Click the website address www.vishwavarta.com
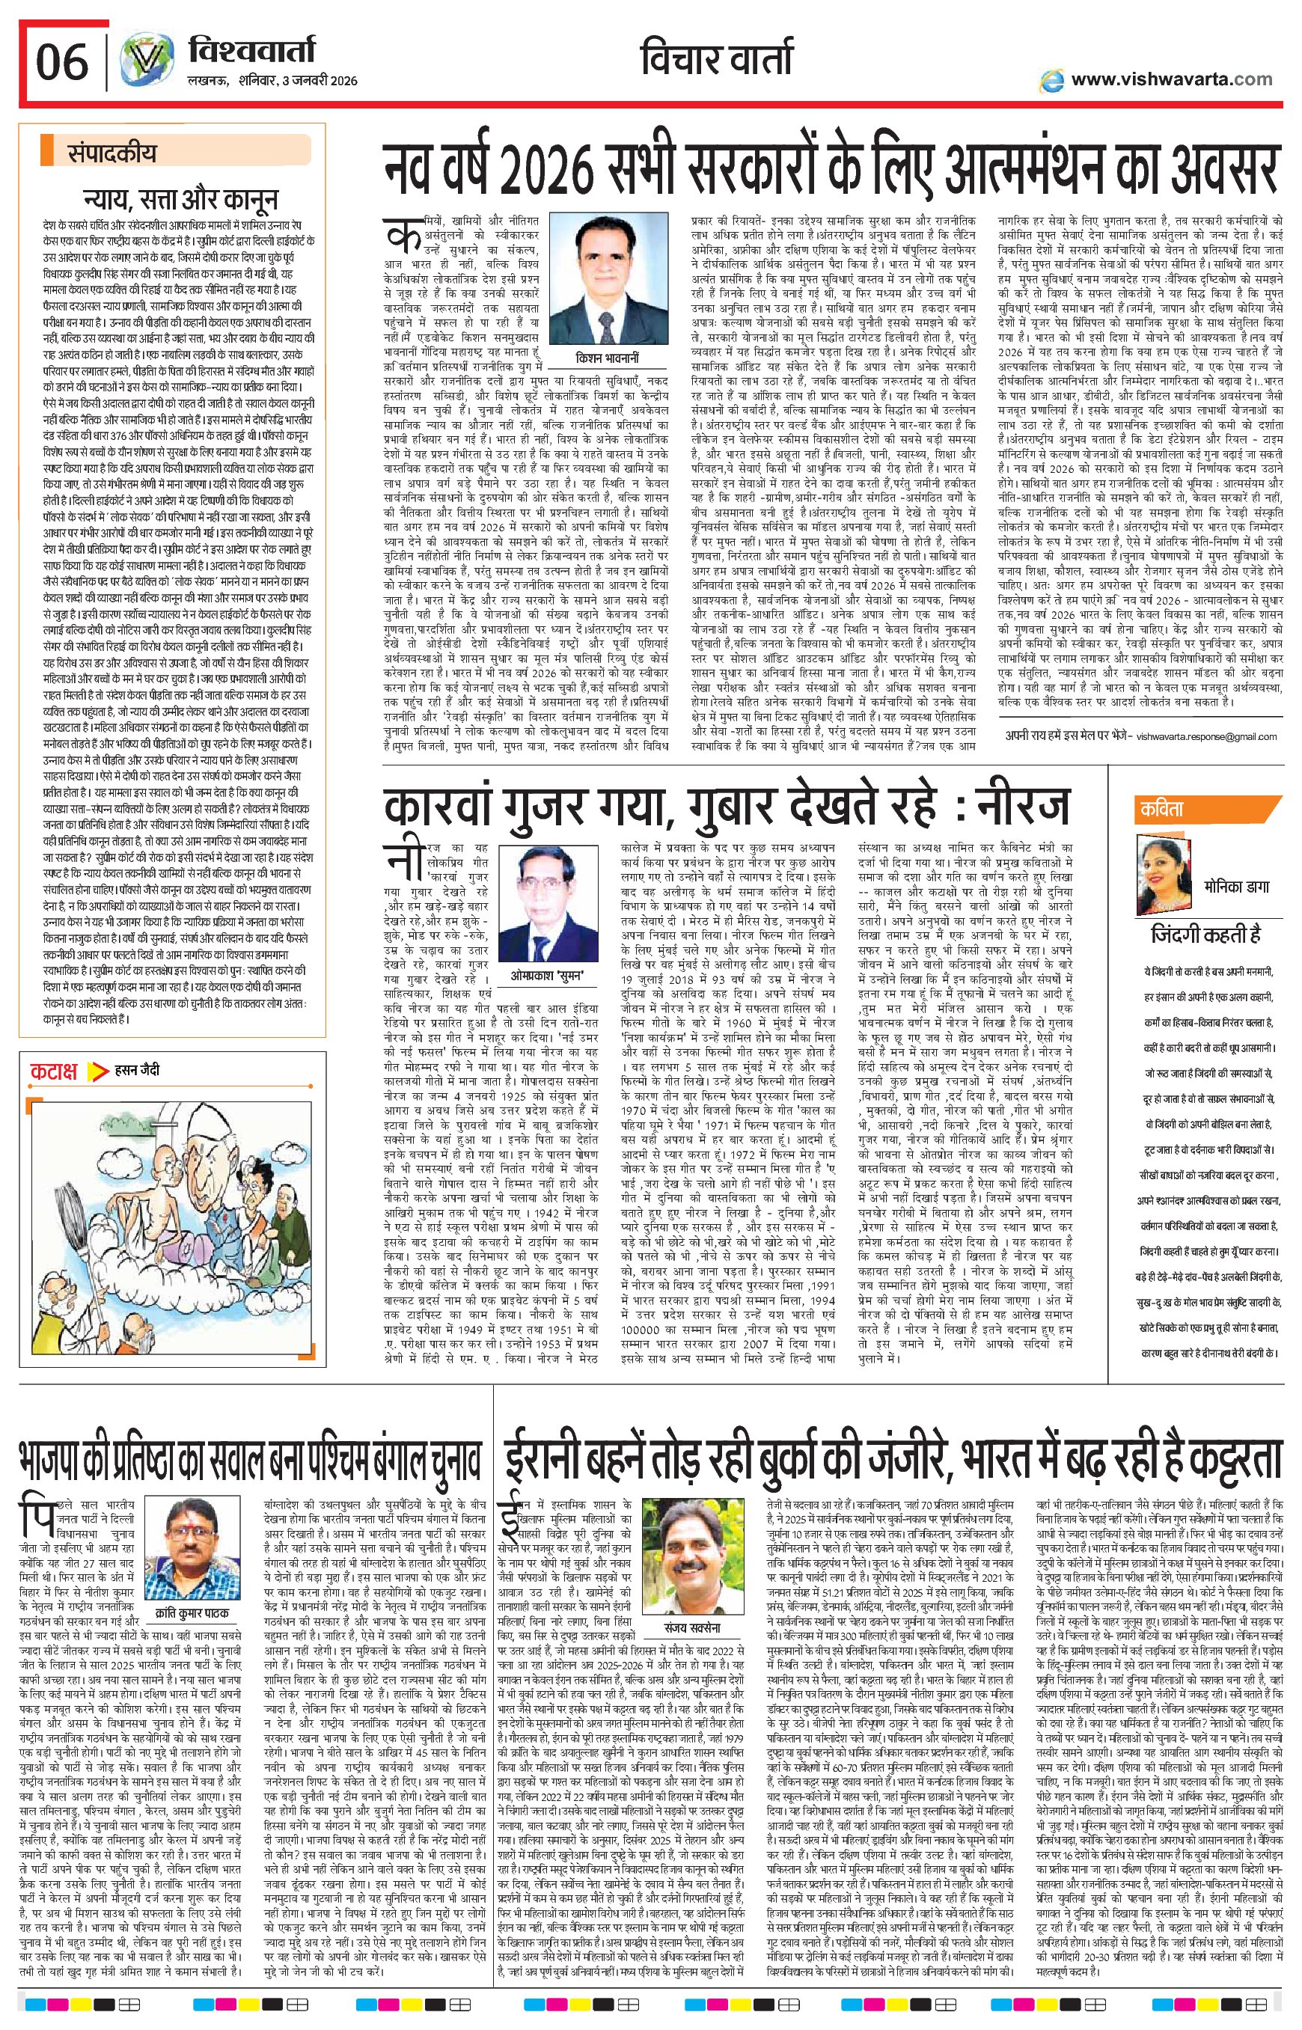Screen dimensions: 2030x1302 tap(1170, 79)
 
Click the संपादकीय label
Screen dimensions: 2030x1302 tap(112, 154)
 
